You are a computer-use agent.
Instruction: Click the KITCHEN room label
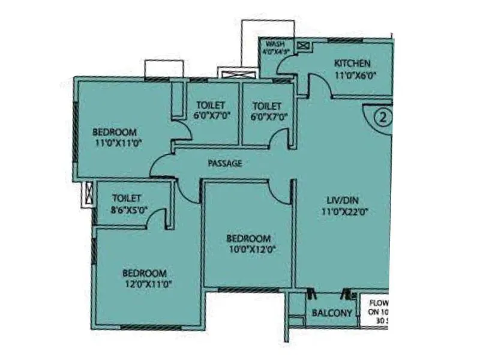click(x=352, y=64)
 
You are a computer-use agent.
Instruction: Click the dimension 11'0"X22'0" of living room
click(x=344, y=211)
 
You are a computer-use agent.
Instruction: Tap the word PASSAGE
click(x=225, y=163)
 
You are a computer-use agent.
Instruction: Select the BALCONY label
click(x=332, y=313)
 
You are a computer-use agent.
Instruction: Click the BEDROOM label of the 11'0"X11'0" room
click(x=114, y=132)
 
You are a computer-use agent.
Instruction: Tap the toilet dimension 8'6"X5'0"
click(x=130, y=209)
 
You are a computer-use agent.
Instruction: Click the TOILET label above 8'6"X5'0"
click(x=127, y=197)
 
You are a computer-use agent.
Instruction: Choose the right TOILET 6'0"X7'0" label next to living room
click(x=267, y=106)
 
